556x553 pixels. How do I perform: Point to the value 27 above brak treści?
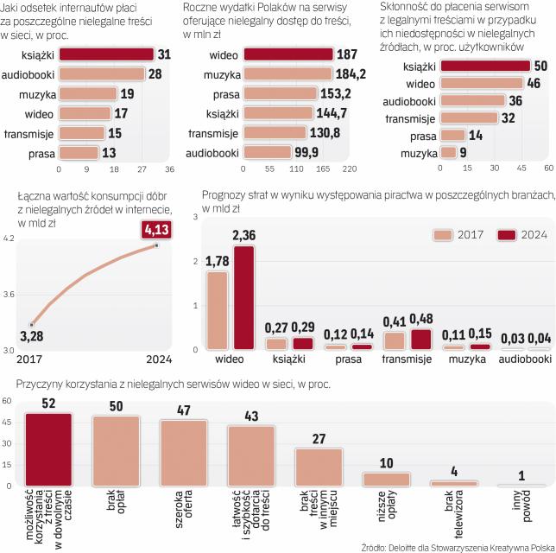[319, 439]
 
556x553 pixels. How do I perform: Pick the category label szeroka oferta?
[183, 509]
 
